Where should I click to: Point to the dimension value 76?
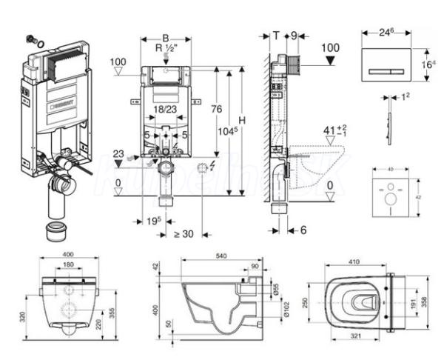coord(215,109)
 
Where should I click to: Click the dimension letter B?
coord(166,37)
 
